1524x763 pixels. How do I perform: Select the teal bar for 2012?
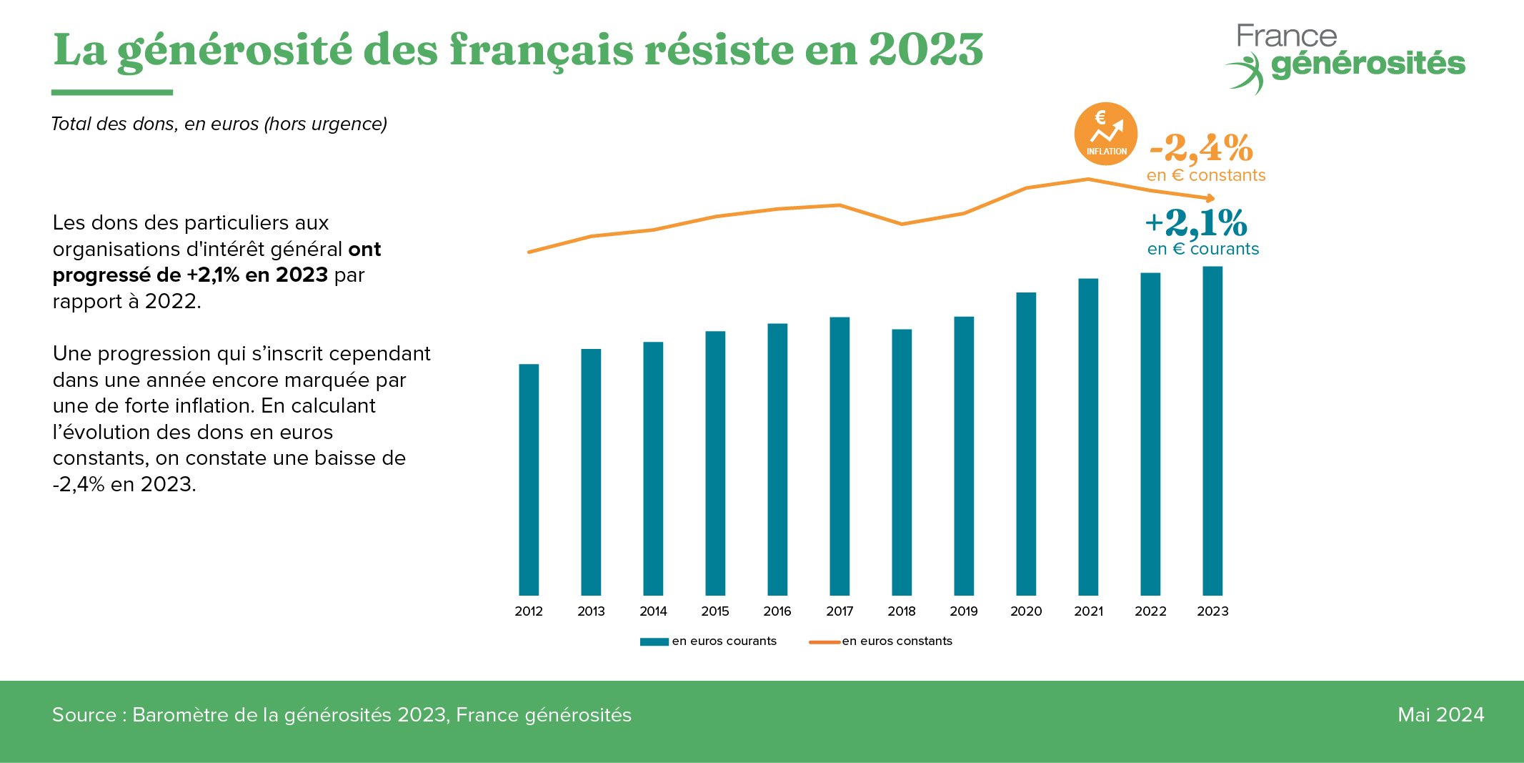[x=529, y=479]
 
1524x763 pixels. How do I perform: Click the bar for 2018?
[x=902, y=462]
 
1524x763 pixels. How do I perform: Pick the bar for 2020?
[x=1026, y=443]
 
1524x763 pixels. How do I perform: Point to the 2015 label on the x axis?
[x=715, y=611]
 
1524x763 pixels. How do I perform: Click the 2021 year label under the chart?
[x=1088, y=611]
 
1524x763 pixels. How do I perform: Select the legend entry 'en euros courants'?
[x=723, y=641]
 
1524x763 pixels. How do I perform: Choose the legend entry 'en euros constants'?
[x=896, y=641]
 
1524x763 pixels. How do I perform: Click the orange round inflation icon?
[x=1105, y=134]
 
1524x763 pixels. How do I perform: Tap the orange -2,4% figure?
[x=1201, y=148]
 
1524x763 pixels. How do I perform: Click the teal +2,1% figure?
[x=1196, y=222]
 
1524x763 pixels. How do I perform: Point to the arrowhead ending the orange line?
[x=1210, y=198]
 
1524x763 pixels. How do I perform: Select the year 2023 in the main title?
[x=926, y=49]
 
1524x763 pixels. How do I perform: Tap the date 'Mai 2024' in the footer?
[x=1440, y=714]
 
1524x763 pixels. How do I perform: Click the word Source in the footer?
[x=84, y=714]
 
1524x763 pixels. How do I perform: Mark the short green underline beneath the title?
[x=112, y=92]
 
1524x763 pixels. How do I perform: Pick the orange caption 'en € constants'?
[x=1205, y=175]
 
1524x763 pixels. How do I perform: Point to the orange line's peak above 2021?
[x=1088, y=179]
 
